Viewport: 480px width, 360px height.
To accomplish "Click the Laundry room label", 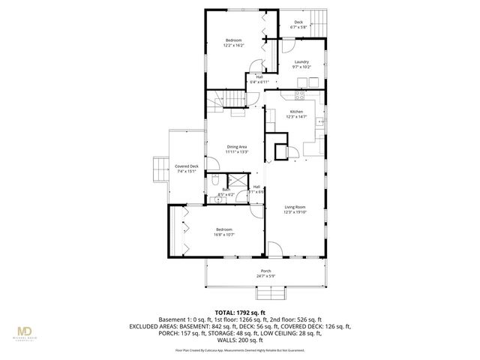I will click(301, 61).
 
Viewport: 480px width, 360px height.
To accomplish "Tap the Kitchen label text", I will click(297, 112).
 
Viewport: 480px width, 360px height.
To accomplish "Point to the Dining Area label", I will click(237, 147).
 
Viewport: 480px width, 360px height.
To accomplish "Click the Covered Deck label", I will click(187, 166).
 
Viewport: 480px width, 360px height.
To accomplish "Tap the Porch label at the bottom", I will click(265, 271).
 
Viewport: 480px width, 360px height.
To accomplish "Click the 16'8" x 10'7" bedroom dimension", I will click(224, 234).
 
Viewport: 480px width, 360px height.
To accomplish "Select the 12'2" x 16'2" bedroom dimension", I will click(235, 46).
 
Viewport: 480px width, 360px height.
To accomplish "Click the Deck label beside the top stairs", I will click(298, 22).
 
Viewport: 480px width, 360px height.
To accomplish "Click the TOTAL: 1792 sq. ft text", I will click(240, 312).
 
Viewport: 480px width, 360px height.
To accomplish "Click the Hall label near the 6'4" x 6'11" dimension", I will click(259, 76).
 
